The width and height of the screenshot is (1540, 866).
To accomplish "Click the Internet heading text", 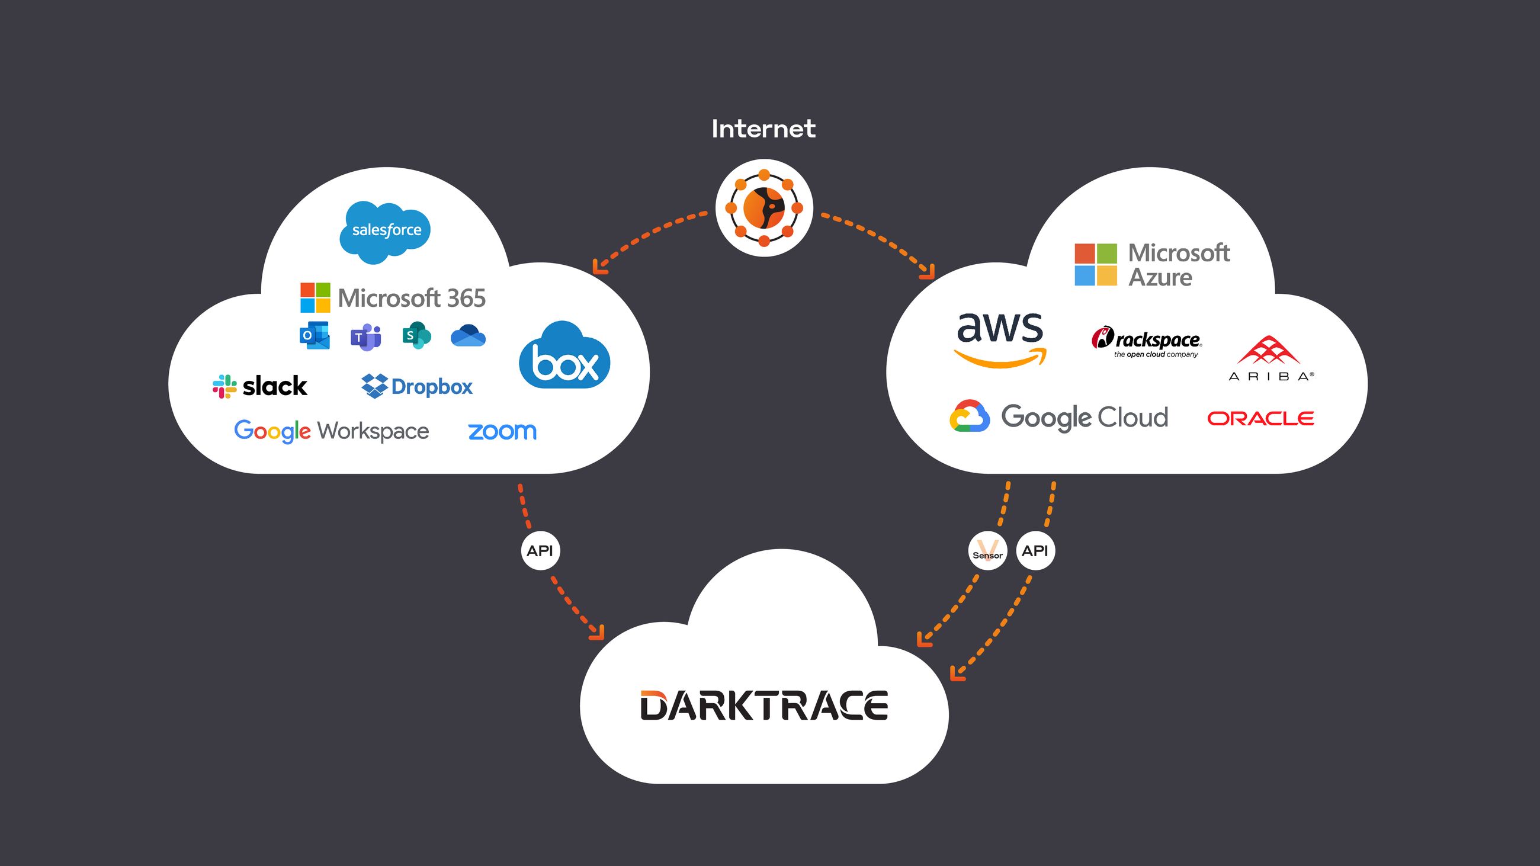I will [763, 129].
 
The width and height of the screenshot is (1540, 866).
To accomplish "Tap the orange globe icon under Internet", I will [764, 208].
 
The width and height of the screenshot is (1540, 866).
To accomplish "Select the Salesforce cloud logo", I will [386, 231].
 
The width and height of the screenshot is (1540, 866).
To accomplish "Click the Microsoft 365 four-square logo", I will [315, 297].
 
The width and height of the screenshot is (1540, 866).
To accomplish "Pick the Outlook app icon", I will [315, 336].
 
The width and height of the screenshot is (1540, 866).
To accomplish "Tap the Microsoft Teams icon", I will [365, 337].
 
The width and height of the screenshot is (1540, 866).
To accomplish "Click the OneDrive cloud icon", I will [468, 336].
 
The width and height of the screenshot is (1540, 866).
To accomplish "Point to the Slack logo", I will [260, 386].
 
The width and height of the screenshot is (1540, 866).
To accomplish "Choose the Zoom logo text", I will [502, 431].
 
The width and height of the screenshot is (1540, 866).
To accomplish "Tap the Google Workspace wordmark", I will [331, 431].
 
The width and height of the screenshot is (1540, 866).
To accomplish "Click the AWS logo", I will [1000, 338].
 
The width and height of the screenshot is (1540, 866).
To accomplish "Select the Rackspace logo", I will [1147, 341].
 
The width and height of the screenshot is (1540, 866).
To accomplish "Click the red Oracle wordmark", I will [1260, 418].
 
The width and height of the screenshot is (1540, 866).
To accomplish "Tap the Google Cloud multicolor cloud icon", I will [969, 416].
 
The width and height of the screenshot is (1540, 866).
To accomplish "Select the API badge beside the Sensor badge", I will [1035, 550].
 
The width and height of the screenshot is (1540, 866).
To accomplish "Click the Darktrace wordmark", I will [764, 705].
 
